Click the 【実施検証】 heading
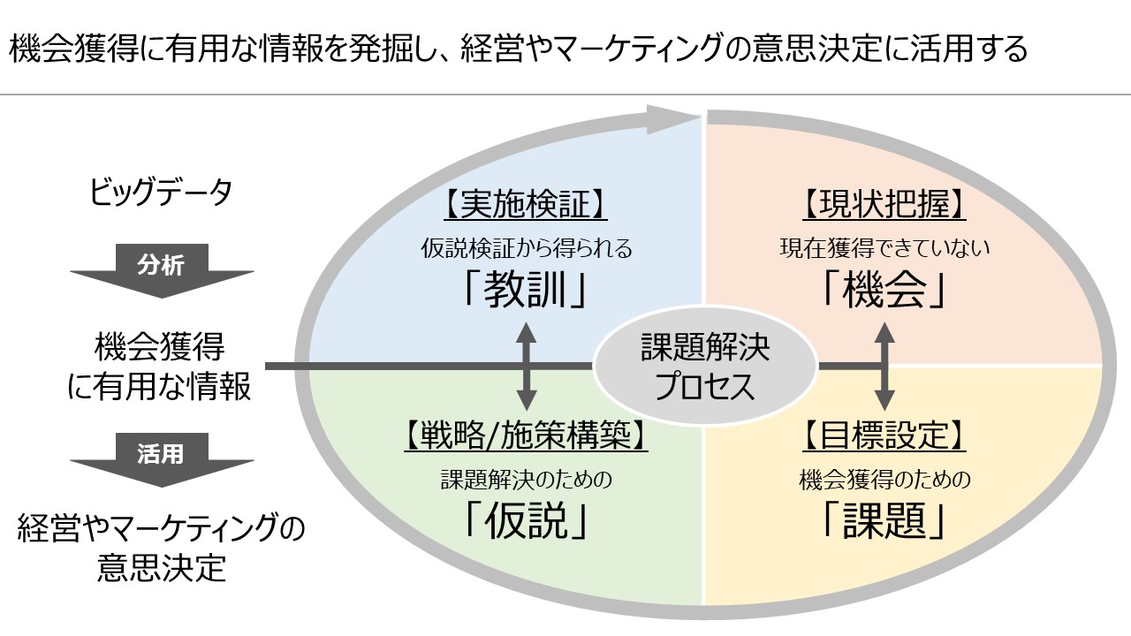[x=526, y=204]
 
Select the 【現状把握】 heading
[x=884, y=204]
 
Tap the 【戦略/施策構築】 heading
[x=526, y=435]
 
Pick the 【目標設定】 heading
[x=884, y=435]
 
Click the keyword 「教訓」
[x=526, y=291]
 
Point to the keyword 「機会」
[x=884, y=290]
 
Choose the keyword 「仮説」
[x=526, y=521]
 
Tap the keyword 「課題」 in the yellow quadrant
[x=884, y=521]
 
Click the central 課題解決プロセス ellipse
[x=705, y=366]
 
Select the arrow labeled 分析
[x=162, y=270]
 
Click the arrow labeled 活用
[x=162, y=459]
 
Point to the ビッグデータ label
[x=161, y=193]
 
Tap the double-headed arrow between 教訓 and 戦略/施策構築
[x=526, y=366]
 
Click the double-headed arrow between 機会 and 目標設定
[x=884, y=366]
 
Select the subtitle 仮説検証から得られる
[x=527, y=248]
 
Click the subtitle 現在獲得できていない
[x=884, y=248]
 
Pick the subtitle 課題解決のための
[x=526, y=479]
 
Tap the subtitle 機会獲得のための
[x=884, y=479]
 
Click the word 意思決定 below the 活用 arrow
[x=162, y=568]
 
